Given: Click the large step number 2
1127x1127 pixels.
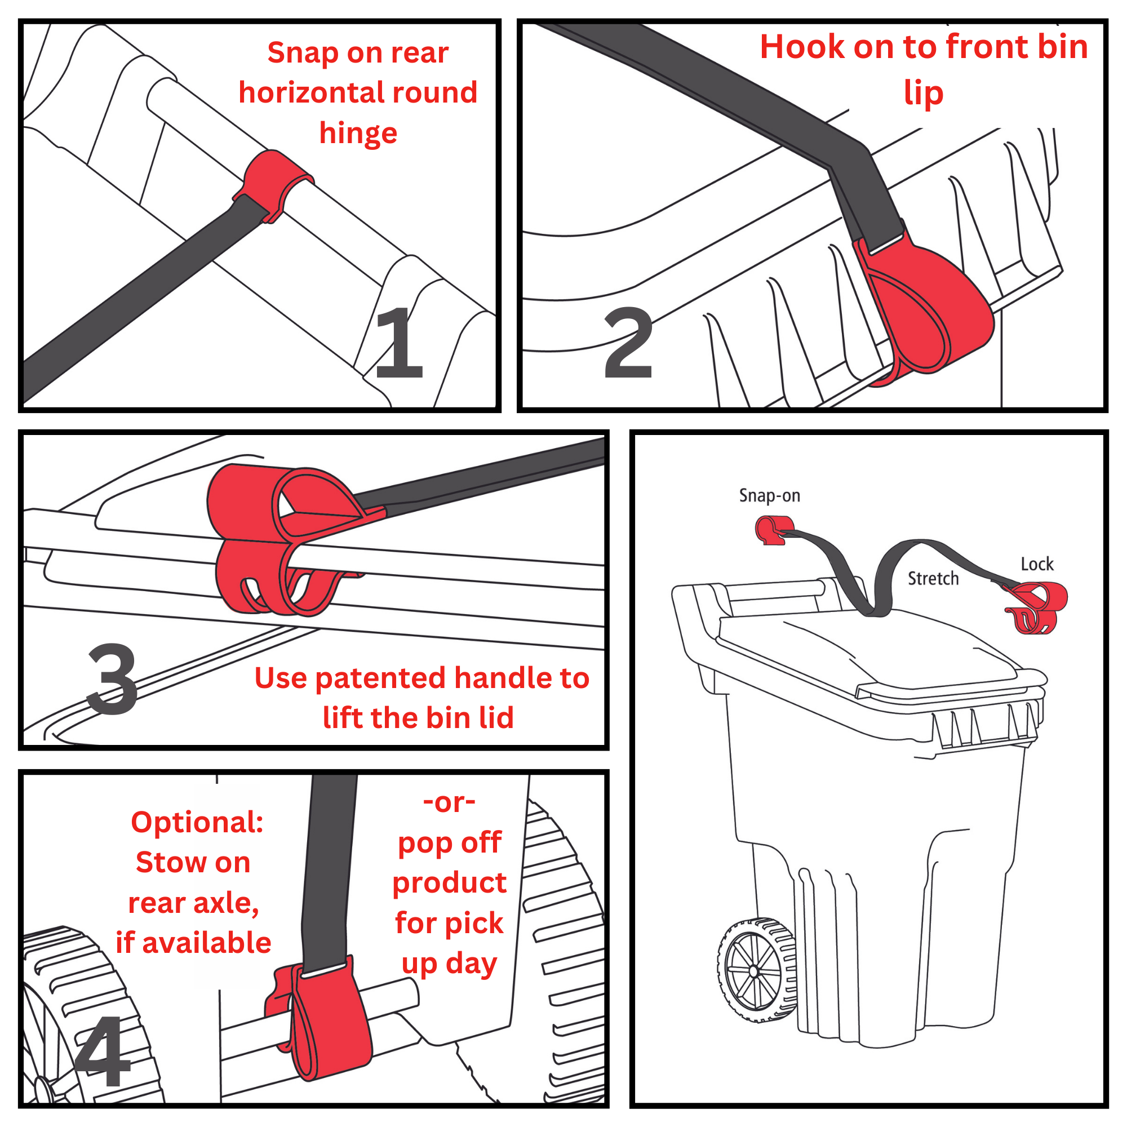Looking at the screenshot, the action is [x=628, y=343].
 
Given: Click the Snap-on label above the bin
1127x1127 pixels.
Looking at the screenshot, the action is [x=769, y=496].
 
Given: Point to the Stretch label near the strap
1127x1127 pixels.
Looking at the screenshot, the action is [x=933, y=578].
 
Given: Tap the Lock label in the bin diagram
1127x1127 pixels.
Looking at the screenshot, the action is [x=1037, y=563].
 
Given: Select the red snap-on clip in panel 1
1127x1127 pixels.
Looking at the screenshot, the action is [x=273, y=185].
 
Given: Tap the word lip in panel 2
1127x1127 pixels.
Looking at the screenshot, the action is [x=924, y=94].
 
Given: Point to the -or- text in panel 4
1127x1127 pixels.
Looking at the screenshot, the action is [x=449, y=802].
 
